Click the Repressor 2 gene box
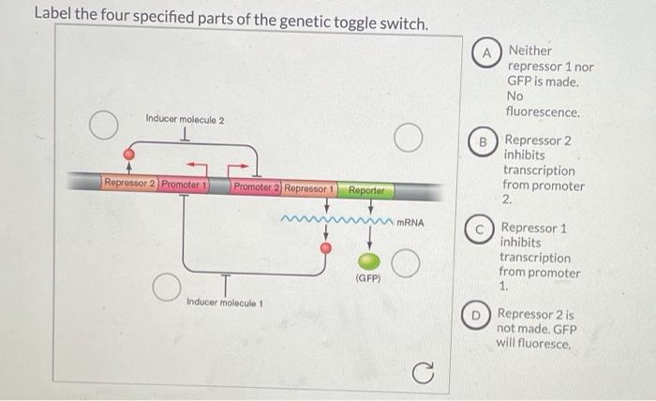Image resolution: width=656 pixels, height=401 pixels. pyautogui.click(x=129, y=184)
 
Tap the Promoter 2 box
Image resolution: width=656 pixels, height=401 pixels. pyautogui.click(x=256, y=188)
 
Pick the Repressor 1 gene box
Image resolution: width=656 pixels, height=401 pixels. pyautogui.click(x=309, y=188)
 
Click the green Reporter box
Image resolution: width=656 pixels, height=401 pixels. pyautogui.click(x=367, y=191)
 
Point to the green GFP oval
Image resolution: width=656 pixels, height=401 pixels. pyautogui.click(x=371, y=261)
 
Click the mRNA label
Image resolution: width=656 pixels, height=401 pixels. pyautogui.click(x=410, y=223)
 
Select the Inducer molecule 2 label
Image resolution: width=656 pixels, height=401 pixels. pyautogui.click(x=185, y=120)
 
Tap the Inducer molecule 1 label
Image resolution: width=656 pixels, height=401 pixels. pyautogui.click(x=225, y=302)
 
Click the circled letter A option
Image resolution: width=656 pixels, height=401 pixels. pyautogui.click(x=486, y=52)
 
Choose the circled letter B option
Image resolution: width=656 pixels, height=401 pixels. pyautogui.click(x=484, y=141)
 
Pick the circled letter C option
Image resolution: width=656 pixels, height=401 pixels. pyautogui.click(x=480, y=229)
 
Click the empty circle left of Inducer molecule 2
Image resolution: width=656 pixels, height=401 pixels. pyautogui.click(x=104, y=124)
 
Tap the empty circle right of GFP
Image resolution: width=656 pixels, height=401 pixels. pyautogui.click(x=405, y=263)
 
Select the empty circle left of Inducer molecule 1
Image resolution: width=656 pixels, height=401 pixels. pyautogui.click(x=166, y=287)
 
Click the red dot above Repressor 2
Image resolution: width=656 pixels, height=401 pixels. pyautogui.click(x=129, y=154)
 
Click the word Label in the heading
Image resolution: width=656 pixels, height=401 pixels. pyautogui.click(x=54, y=14)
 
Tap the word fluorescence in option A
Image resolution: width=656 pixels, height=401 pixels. pyautogui.click(x=542, y=111)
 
